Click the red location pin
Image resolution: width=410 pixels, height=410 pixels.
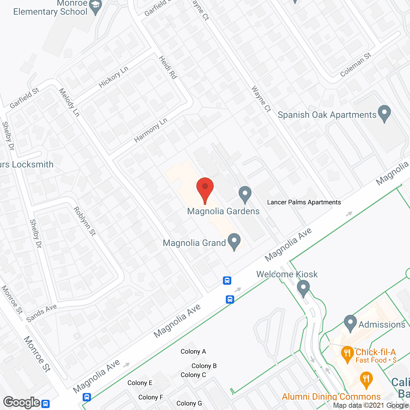[x=205, y=187]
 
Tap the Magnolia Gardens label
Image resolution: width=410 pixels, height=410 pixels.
[x=223, y=211]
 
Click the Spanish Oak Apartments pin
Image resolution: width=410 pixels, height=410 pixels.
[x=384, y=113]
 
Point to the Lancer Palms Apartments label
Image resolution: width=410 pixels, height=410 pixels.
[x=304, y=202]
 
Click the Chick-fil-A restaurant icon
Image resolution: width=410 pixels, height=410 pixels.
[x=347, y=354]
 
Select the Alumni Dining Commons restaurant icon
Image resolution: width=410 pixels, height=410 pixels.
[x=366, y=380]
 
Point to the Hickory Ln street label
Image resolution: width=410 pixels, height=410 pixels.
[x=113, y=77]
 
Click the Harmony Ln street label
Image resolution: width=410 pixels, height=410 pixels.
[x=151, y=130]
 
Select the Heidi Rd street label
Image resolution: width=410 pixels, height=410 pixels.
[x=168, y=67]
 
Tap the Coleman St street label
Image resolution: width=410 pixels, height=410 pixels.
[x=356, y=65]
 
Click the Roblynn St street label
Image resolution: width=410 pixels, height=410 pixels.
[x=85, y=221]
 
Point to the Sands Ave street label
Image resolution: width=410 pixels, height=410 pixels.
[x=41, y=313]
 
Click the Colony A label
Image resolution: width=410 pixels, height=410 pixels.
[x=193, y=351]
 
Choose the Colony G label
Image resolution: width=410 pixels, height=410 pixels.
[x=189, y=403]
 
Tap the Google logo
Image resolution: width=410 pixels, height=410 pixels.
[x=22, y=402]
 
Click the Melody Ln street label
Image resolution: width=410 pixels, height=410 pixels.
[x=69, y=102]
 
